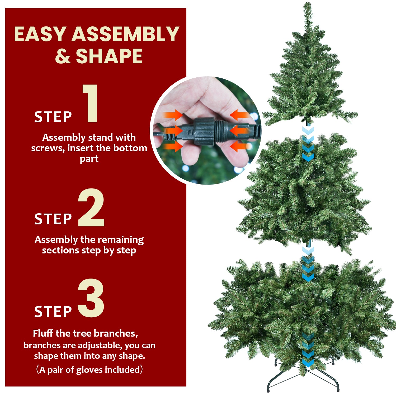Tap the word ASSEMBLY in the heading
pos(125,34)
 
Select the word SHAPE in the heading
pos(109,56)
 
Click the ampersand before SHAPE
pos(63,56)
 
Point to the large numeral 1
pos(91,103)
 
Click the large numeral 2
pos(91,208)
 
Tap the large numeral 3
pos(91,298)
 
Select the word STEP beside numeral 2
pos(53,219)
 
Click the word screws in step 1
pos(48,148)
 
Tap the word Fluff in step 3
pos(43,333)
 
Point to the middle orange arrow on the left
pos(173,130)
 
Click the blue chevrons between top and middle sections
pos(308,144)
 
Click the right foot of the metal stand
pos(338,389)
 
